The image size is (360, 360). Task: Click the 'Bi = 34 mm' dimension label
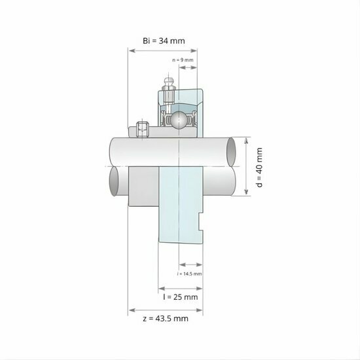[x=164, y=41]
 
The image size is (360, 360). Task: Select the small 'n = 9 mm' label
[x=183, y=60]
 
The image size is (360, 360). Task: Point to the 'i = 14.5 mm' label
[x=190, y=274]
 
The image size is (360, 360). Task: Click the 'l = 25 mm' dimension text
[x=180, y=297]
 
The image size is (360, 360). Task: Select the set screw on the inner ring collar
[x=142, y=129]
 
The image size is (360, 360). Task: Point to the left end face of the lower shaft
[x=115, y=181]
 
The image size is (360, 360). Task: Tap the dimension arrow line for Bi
[x=164, y=51]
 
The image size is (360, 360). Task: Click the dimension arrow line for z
[x=166, y=309]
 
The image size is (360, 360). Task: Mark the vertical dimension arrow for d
[x=247, y=167]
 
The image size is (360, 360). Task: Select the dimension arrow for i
[x=190, y=266]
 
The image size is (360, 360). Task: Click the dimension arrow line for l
[x=180, y=287]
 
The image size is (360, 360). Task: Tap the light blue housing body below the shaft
[x=179, y=209]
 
